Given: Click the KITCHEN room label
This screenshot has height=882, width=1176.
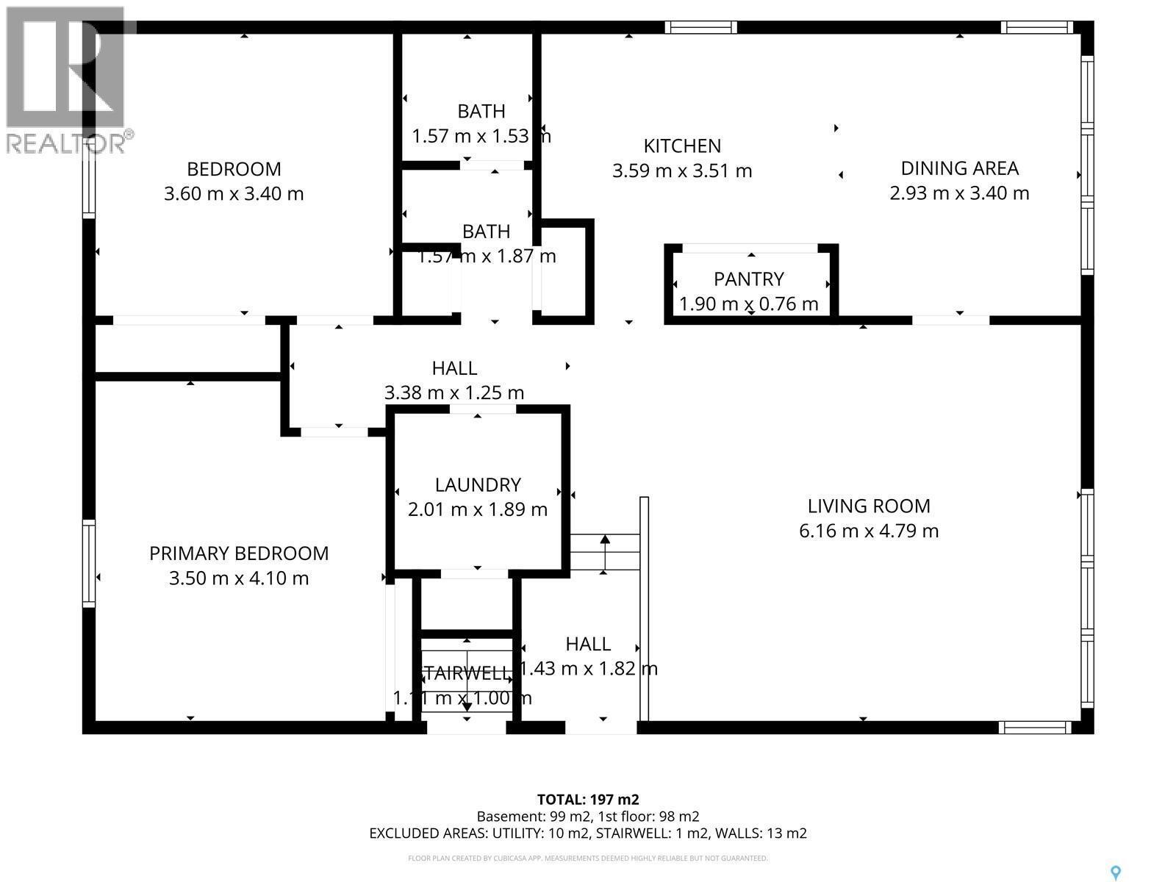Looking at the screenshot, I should click(682, 146).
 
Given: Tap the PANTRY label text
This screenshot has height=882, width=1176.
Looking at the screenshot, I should click(748, 279).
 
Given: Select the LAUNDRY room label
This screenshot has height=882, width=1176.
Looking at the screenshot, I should click(478, 484).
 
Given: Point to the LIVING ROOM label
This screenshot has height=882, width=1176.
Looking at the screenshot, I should click(869, 506).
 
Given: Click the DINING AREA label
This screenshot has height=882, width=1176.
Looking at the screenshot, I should click(959, 168).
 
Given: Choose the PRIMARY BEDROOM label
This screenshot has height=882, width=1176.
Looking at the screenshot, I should click(239, 553).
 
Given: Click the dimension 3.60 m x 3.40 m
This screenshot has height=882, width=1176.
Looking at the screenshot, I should click(234, 194).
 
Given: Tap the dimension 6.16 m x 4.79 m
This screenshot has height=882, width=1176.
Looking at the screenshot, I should click(869, 531).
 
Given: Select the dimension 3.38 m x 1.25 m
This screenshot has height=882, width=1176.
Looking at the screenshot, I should click(454, 392).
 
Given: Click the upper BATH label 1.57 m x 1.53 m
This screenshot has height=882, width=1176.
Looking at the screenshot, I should click(481, 112).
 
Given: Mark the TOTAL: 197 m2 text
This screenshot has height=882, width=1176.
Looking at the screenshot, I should click(588, 800).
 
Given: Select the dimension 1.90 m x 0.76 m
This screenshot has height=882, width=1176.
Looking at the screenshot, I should click(748, 304).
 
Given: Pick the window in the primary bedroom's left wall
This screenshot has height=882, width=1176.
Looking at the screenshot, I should click(88, 563).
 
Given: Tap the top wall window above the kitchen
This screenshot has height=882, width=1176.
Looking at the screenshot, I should click(700, 28).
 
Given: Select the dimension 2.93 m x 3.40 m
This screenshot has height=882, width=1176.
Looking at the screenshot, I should click(959, 193).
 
